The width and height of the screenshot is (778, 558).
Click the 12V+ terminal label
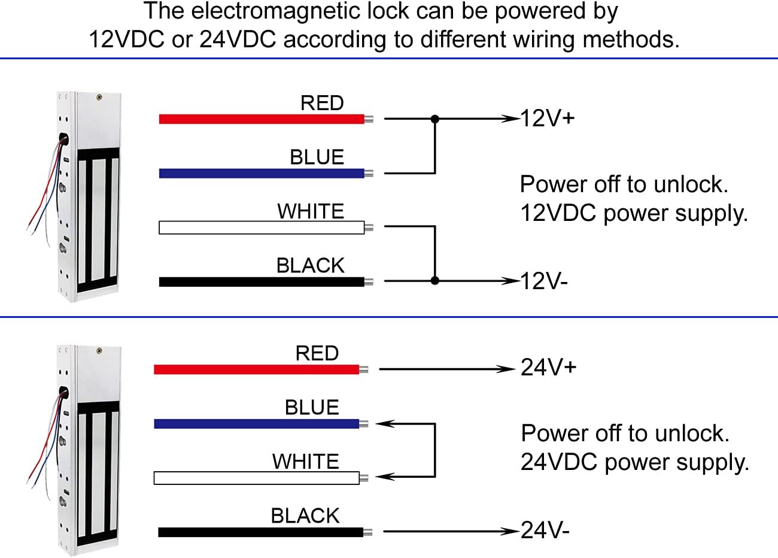(547, 118)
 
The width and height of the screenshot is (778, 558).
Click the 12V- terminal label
(543, 281)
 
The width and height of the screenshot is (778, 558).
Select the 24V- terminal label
(545, 530)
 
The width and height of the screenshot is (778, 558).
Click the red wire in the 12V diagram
(262, 119)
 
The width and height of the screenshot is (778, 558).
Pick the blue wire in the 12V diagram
(262, 174)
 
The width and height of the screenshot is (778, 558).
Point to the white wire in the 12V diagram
(262, 228)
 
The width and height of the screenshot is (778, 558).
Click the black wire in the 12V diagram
(262, 281)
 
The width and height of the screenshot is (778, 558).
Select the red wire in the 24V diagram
(256, 369)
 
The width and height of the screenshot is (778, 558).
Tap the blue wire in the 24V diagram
(256, 424)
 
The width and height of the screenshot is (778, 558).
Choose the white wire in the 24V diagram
(256, 478)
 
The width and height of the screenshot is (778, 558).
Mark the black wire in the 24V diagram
(260, 532)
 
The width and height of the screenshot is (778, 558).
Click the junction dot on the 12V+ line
(435, 119)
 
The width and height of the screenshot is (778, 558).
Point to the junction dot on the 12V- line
(435, 280)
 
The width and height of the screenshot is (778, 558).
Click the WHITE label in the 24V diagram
(305, 461)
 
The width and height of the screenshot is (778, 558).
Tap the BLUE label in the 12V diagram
(317, 157)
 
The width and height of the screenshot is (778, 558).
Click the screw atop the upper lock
(99, 96)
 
